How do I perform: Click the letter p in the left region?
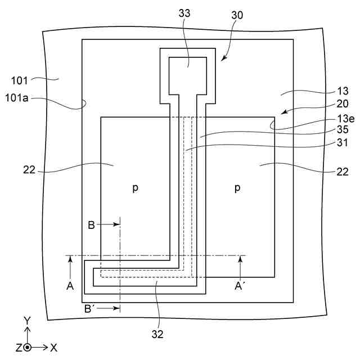click(135, 188)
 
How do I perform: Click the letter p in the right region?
click(237, 188)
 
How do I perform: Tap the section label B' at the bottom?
click(90, 308)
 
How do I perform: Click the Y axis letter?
click(27, 320)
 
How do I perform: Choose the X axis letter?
click(54, 347)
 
